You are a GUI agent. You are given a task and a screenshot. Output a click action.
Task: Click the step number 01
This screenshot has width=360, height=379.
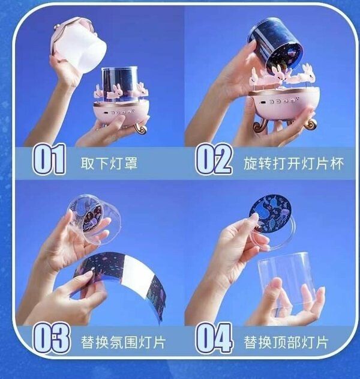pyautogui.click(x=49, y=159)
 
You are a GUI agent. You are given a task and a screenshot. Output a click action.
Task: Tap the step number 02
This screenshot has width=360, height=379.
pyautogui.click(x=214, y=159)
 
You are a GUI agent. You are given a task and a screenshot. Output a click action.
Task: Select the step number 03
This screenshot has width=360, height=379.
pyautogui.click(x=51, y=338)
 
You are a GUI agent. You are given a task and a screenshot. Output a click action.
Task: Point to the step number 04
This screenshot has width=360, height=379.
pyautogui.click(x=214, y=338)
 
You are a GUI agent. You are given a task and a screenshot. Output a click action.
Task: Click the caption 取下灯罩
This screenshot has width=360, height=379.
pyautogui.click(x=109, y=163)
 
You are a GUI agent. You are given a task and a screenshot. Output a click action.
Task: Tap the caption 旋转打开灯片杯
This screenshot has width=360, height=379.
pyautogui.click(x=293, y=163)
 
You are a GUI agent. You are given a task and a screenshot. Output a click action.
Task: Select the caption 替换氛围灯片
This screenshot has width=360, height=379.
pyautogui.click(x=123, y=342)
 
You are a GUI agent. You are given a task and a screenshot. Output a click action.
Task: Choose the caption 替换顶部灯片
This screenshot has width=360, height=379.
pyautogui.click(x=286, y=342)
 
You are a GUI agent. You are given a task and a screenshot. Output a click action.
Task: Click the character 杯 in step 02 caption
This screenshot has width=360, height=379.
pyautogui.click(x=337, y=163)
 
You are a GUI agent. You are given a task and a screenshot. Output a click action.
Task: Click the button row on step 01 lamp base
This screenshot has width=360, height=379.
pyautogui.click(x=119, y=112)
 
